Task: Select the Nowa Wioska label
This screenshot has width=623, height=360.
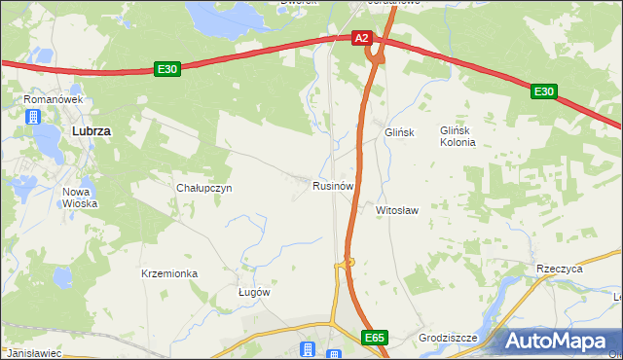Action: (x=82, y=198)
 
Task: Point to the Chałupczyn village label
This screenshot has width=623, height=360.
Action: (x=203, y=188)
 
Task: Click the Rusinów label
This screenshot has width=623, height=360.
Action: (x=332, y=185)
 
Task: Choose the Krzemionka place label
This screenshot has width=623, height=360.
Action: (x=169, y=273)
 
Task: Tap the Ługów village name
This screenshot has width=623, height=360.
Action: (x=254, y=292)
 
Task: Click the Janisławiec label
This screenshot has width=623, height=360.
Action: (x=33, y=353)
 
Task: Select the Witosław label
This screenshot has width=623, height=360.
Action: (x=397, y=209)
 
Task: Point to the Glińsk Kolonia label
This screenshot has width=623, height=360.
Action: (x=458, y=136)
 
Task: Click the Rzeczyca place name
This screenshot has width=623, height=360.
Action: (x=559, y=269)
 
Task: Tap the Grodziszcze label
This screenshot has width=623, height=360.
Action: (x=448, y=338)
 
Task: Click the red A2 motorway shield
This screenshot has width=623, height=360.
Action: (x=362, y=38)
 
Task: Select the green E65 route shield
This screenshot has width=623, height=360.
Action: (x=376, y=337)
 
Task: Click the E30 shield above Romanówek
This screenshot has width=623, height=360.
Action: (x=167, y=69)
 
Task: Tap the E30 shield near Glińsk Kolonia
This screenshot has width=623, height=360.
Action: (x=543, y=91)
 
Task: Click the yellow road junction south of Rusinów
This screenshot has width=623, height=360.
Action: (x=346, y=262)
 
